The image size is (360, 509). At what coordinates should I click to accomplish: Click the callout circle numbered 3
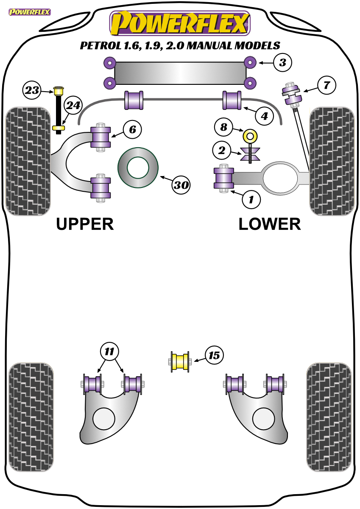tap(282, 62)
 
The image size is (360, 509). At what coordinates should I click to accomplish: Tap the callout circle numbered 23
tap(32, 90)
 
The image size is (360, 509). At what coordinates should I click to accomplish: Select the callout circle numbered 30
tap(181, 185)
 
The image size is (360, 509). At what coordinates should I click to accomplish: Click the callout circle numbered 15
tap(214, 355)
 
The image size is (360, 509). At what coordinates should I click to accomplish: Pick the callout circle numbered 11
tap(109, 352)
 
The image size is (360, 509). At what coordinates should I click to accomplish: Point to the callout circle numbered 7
tap(327, 85)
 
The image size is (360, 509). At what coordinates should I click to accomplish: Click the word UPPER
tap(85, 224)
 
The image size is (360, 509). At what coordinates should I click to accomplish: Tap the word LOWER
tap(270, 224)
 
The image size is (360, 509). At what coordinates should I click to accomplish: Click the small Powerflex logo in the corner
tap(30, 12)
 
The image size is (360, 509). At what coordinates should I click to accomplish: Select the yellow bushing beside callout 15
tap(180, 362)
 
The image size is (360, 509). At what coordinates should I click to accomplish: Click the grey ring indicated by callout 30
tap(138, 168)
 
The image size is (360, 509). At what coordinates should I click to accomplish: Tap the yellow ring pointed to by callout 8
tap(250, 136)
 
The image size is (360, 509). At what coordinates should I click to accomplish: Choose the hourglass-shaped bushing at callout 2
tap(250, 154)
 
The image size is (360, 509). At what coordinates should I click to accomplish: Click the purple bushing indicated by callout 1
tap(224, 178)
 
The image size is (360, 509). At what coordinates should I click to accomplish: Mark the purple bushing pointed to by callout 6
tap(100, 137)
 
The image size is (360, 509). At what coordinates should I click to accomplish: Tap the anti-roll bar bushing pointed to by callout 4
tap(232, 100)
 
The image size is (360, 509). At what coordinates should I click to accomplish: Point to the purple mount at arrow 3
tap(250, 62)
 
